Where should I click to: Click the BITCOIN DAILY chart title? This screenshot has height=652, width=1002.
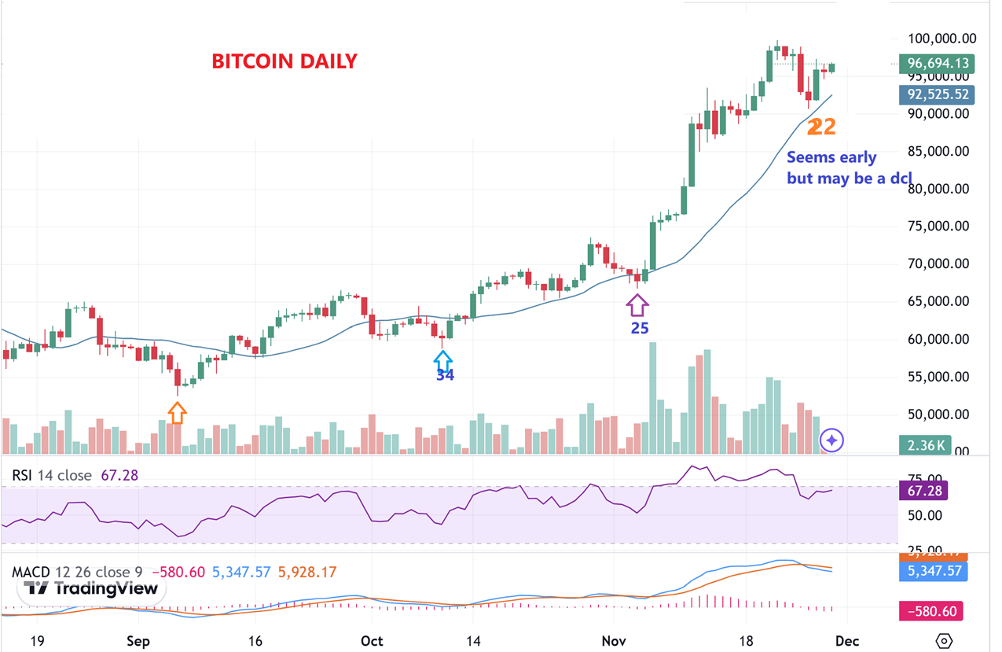[x=284, y=61]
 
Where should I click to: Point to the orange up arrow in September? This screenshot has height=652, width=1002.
[x=177, y=412]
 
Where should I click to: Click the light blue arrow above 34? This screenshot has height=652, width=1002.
[x=443, y=360]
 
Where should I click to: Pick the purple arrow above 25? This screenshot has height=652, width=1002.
[x=637, y=304]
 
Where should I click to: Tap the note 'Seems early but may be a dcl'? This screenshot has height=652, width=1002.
[x=849, y=168]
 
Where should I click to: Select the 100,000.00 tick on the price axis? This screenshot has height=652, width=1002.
[x=941, y=39]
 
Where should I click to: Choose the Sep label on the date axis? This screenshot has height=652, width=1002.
[x=138, y=641]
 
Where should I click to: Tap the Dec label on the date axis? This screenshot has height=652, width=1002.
[x=847, y=641]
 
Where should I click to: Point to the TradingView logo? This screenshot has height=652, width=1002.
[x=94, y=588]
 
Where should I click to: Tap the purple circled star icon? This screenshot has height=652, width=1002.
[x=831, y=440]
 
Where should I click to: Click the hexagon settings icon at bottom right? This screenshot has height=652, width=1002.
[x=945, y=641]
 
